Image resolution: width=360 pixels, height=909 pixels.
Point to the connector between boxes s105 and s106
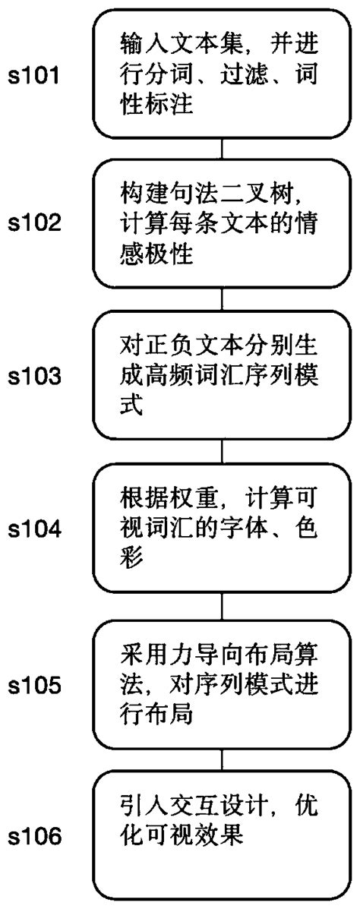221,760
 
